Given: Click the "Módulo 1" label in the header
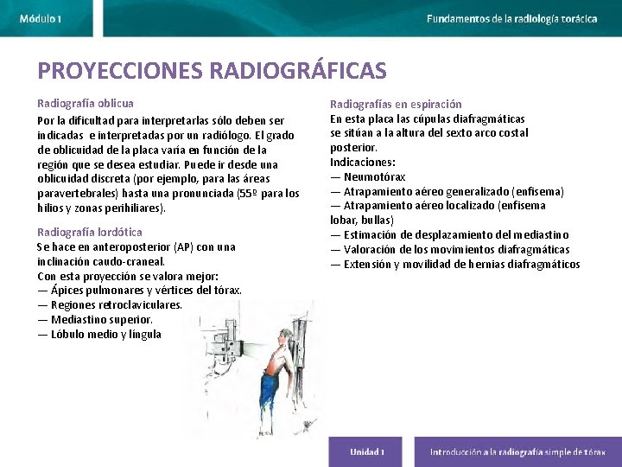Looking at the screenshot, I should click(41, 18).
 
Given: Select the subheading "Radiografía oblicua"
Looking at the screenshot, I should click(86, 103).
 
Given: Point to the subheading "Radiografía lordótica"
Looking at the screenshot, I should click(90, 232).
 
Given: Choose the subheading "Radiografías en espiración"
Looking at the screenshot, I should click(396, 104).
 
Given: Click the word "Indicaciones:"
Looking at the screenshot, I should click(363, 162).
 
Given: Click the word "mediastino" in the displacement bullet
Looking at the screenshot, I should click(538, 235).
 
